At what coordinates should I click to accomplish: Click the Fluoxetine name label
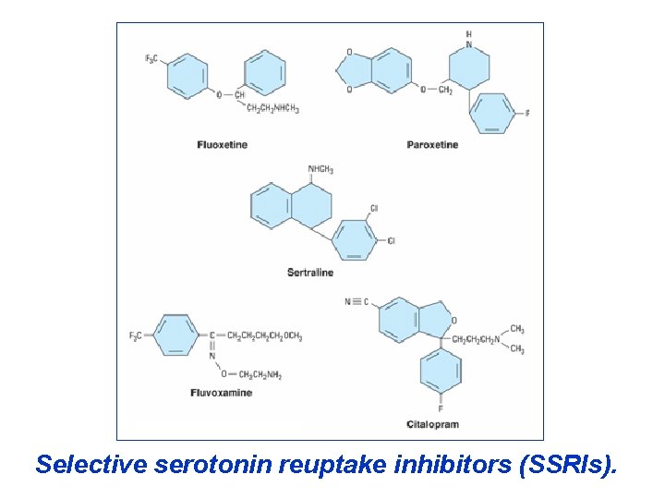point(222,145)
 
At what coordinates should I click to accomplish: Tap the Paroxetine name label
point(432,145)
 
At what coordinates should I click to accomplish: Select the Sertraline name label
point(310,273)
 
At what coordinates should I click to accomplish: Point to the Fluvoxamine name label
point(221,393)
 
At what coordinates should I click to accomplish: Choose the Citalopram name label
point(432,424)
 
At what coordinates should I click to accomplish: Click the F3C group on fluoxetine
point(151,59)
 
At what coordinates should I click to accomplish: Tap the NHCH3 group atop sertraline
point(320,170)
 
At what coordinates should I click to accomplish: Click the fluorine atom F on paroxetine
point(526,114)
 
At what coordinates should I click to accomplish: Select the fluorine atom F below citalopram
point(441,408)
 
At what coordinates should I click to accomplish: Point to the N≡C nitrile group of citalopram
point(357,302)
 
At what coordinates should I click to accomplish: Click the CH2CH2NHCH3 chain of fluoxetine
point(272,108)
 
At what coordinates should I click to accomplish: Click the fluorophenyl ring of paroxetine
point(491,114)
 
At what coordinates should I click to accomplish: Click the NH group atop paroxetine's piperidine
point(468,39)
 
